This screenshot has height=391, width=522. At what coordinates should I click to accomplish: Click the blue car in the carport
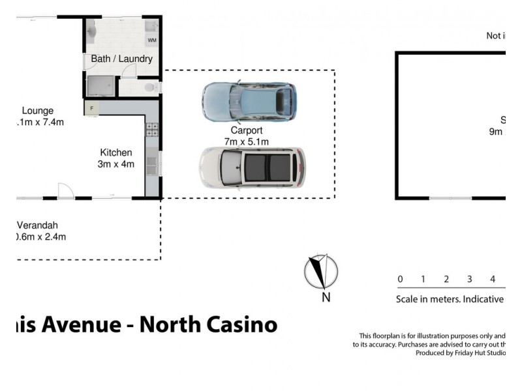249,101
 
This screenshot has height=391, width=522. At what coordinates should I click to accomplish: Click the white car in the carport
252,167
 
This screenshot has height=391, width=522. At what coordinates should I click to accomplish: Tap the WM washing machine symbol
152,40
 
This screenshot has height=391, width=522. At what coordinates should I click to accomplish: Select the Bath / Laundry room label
121,59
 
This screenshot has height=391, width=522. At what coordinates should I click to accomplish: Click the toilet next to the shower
150,87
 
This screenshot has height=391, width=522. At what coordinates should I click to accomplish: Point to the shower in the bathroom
100,86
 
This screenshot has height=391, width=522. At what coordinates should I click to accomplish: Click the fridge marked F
92,108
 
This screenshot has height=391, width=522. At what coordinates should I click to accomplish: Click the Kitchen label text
115,152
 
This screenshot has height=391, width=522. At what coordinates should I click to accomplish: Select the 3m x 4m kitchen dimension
115,164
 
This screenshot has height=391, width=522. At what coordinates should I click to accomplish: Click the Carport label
247,130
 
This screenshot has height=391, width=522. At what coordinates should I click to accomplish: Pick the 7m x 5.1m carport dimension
247,141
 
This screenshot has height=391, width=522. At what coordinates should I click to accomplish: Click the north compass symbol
320,272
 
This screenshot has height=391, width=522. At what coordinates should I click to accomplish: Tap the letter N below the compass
326,298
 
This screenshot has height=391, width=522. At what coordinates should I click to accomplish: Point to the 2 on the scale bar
446,280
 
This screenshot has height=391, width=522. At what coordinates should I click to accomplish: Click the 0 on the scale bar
400,280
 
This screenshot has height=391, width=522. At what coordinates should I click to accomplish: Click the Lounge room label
37,111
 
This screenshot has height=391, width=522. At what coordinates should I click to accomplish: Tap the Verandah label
42,225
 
